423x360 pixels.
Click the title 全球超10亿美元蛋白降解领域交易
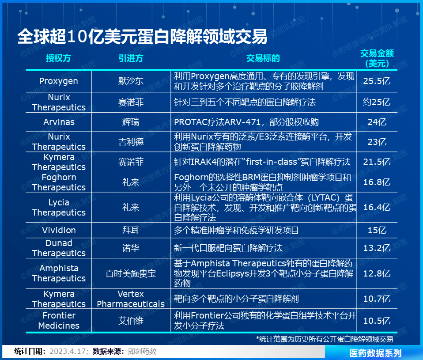143,37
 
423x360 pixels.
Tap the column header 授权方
58,58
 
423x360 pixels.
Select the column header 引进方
131,58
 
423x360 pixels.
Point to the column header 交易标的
263,58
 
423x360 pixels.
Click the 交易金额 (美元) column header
377,58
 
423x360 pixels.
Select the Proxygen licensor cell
59,81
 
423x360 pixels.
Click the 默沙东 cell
131,81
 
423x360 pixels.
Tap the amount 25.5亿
377,81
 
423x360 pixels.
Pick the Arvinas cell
59,122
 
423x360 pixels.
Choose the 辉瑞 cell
131,122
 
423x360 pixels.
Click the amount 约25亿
377,102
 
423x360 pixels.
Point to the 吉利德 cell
131,142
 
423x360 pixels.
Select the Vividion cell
59,230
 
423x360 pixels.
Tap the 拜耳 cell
131,230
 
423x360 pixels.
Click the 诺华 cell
131,248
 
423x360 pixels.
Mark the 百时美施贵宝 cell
131,273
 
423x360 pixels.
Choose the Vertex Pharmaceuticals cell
131,299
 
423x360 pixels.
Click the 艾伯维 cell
131,321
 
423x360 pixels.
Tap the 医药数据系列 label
375,353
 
